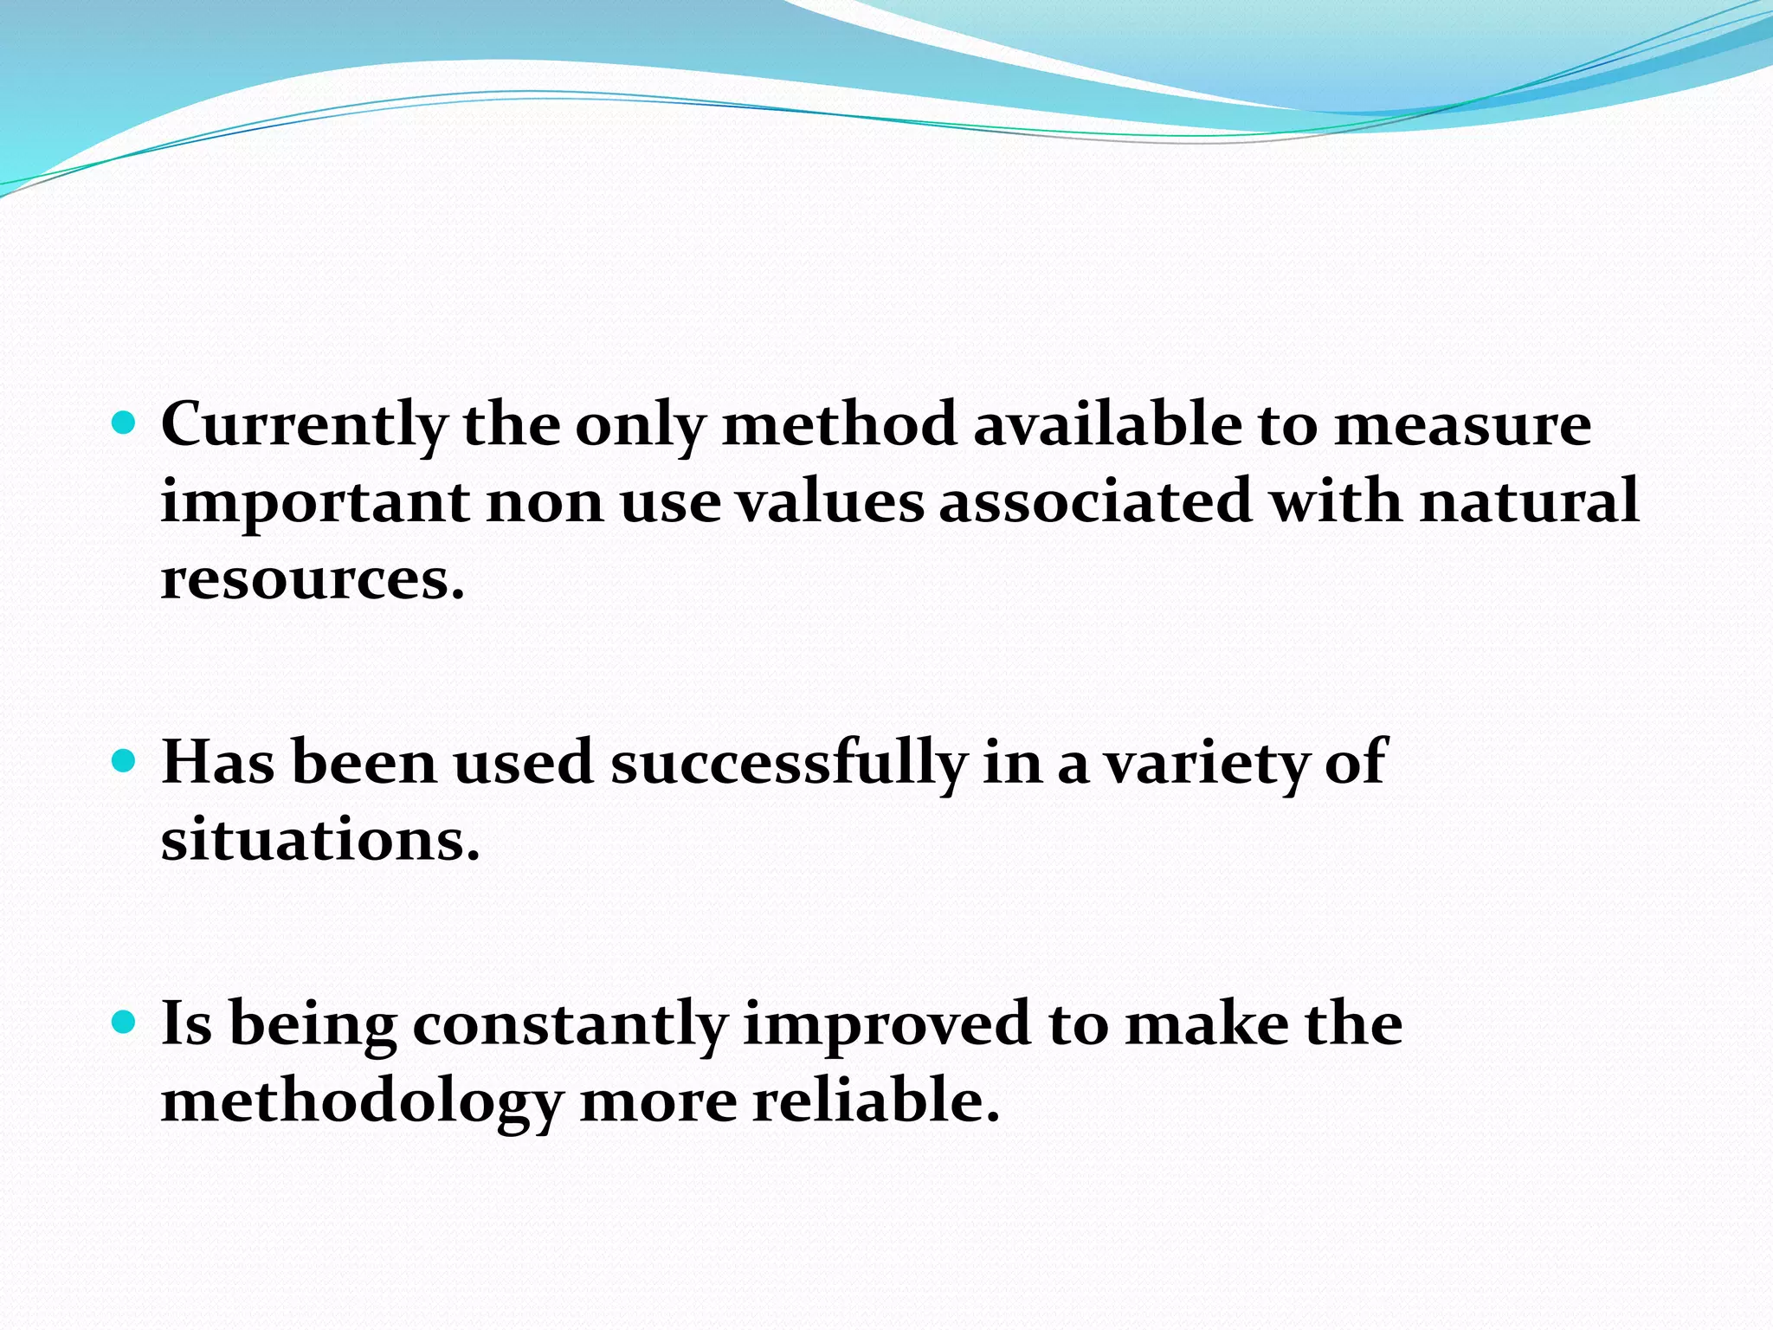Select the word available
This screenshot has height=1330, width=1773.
[1106, 424]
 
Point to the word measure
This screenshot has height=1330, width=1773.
[1462, 426]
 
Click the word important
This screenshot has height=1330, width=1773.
[315, 502]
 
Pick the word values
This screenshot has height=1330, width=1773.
[830, 502]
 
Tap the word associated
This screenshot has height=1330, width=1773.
[1096, 502]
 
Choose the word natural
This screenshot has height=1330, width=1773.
[1529, 502]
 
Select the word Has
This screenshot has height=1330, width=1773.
[218, 762]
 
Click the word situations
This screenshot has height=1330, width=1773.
[320, 840]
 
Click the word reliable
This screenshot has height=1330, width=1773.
[876, 1101]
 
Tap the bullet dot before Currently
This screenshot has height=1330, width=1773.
[126, 423]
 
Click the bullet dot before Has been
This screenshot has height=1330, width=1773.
[126, 761]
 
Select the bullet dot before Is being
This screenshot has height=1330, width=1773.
[126, 1023]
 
